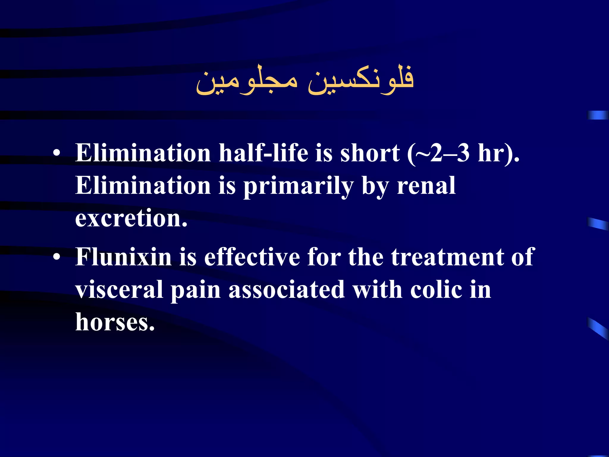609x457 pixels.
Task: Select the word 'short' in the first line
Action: click(x=370, y=153)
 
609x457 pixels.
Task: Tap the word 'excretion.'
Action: click(x=131, y=218)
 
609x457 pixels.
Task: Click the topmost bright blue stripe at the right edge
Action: click(x=598, y=115)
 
